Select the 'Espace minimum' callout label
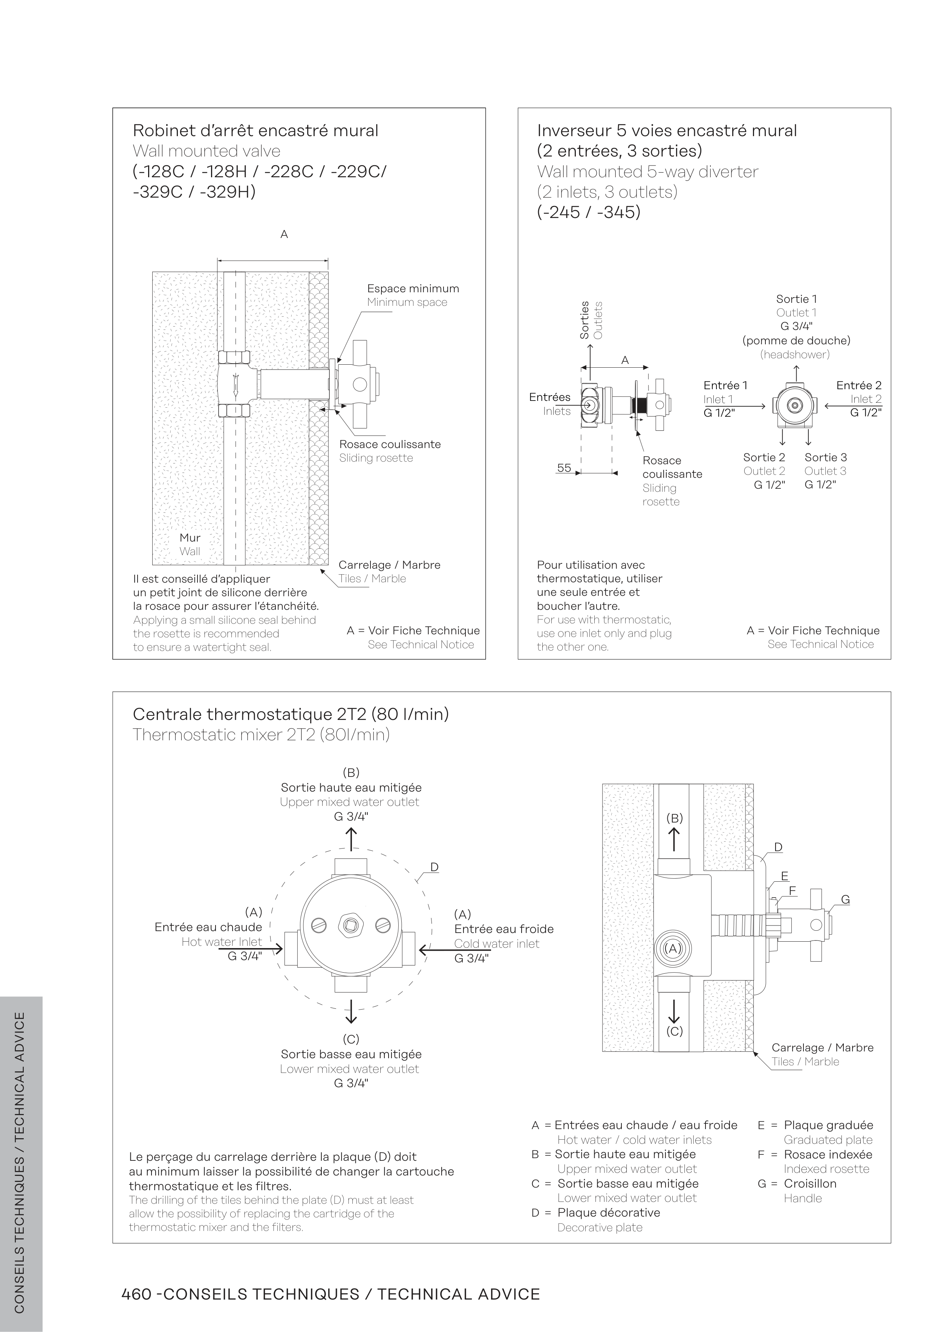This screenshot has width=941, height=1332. (x=413, y=288)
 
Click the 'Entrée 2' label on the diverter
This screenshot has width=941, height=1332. (x=859, y=385)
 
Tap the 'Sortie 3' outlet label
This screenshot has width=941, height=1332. (x=826, y=457)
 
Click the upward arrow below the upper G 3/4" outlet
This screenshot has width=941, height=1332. (x=351, y=839)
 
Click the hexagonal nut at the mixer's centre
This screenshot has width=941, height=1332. (x=351, y=925)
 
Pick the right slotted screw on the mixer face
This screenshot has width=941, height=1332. (x=383, y=925)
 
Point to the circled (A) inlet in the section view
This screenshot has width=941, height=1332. (x=673, y=948)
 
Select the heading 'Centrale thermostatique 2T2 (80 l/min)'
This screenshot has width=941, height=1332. (x=291, y=714)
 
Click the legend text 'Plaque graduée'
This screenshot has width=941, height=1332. (x=828, y=1125)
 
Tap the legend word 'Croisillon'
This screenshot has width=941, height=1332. (x=810, y=1183)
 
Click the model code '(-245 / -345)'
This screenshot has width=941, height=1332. (x=589, y=212)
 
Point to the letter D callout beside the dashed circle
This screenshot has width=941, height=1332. (x=434, y=867)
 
